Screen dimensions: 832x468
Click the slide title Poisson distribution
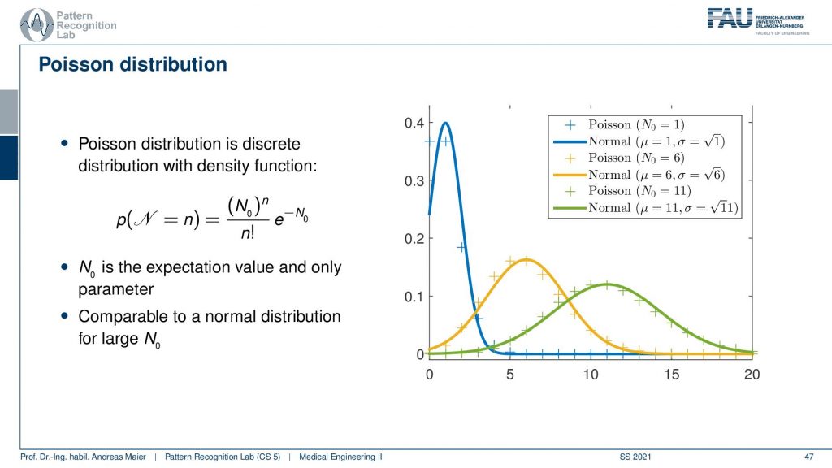click(x=132, y=64)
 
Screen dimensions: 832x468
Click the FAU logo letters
click(x=730, y=19)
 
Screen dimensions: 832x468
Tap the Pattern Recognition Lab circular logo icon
click(x=37, y=24)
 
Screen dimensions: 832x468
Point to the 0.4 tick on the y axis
click(x=414, y=123)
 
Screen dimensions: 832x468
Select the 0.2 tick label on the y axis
click(x=414, y=239)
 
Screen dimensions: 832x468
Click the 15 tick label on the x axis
click(x=671, y=375)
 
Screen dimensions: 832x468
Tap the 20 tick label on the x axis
click(x=752, y=375)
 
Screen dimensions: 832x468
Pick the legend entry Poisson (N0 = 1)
click(x=624, y=124)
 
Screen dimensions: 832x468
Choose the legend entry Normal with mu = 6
click(x=639, y=175)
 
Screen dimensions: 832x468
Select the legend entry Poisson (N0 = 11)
click(x=627, y=191)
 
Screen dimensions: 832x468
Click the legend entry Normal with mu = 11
click(x=645, y=207)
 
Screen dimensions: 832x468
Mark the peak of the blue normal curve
click(x=446, y=123)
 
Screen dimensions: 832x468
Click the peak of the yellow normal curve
click(x=526, y=260)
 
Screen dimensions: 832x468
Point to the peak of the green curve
click(x=607, y=284)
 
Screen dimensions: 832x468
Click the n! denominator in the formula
click(x=248, y=232)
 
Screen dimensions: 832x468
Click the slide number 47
click(x=809, y=457)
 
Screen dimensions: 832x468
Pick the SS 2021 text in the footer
click(x=635, y=457)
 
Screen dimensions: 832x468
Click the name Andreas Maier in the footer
click(x=119, y=457)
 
